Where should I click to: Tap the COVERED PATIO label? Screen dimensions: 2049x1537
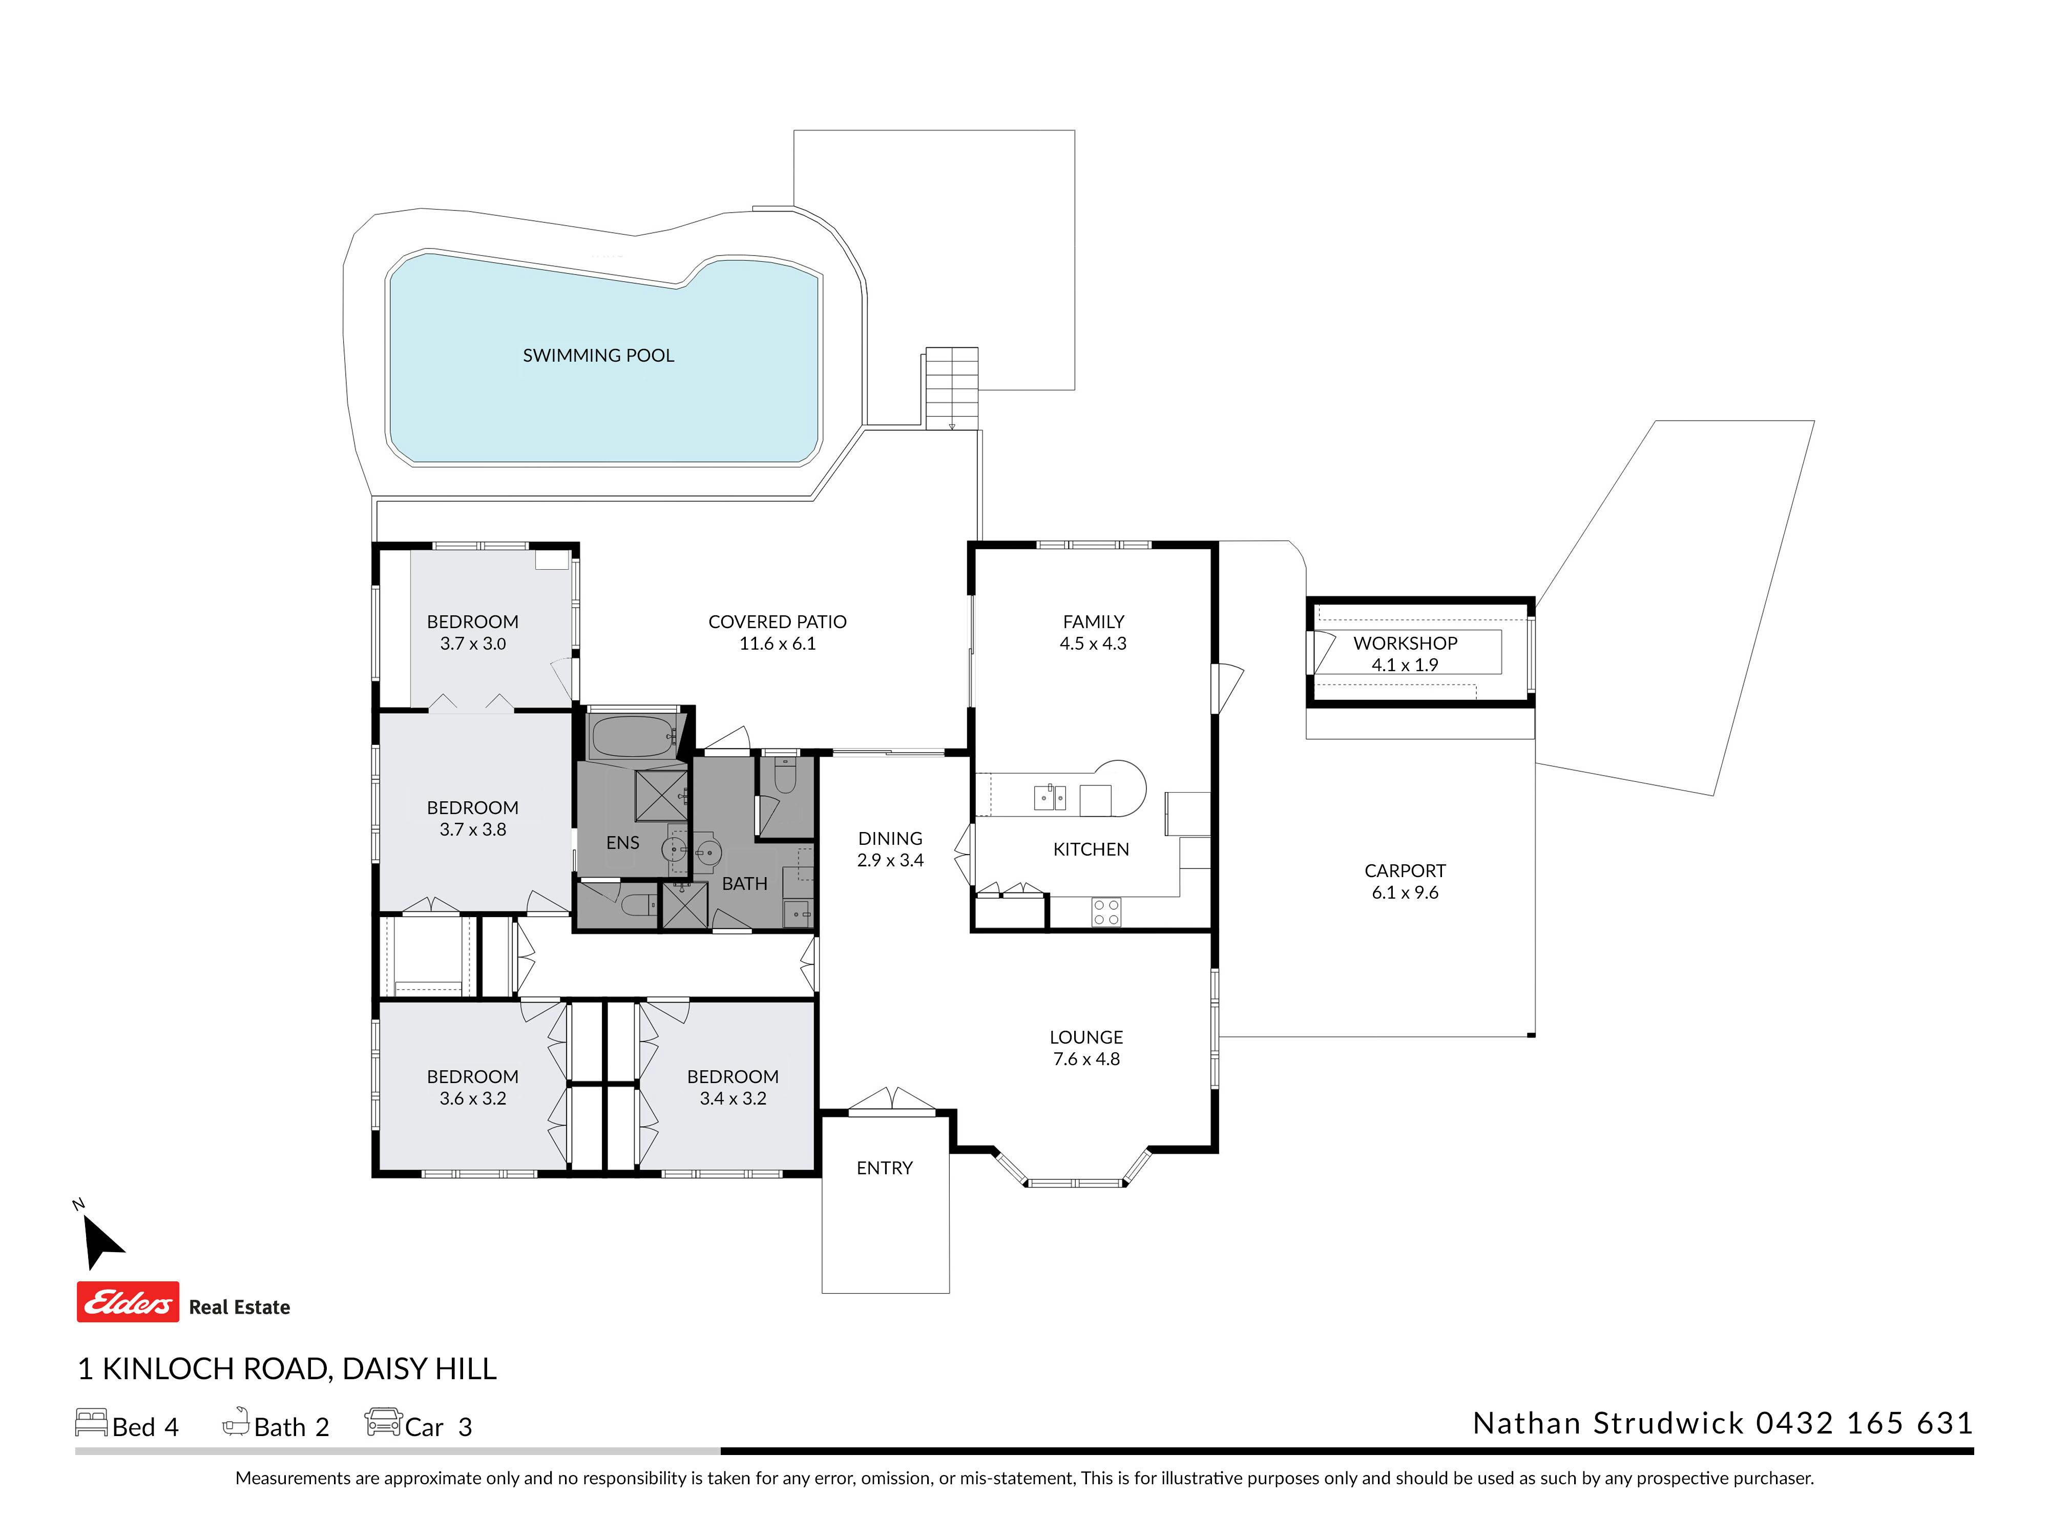[777, 621]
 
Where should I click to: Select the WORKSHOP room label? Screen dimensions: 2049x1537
[1405, 643]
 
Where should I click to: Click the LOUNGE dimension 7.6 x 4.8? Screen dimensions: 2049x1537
[1086, 1059]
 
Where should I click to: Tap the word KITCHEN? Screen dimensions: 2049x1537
[1091, 849]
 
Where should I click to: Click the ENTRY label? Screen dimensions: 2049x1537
[885, 1168]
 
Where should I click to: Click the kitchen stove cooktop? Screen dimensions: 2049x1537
[1106, 912]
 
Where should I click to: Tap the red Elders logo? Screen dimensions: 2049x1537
[128, 1302]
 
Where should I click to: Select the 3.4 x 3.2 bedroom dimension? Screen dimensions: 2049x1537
[733, 1099]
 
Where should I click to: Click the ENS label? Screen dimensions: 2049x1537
[622, 843]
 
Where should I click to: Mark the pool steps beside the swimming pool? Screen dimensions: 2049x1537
[951, 388]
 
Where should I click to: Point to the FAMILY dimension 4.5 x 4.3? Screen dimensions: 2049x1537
[1093, 644]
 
